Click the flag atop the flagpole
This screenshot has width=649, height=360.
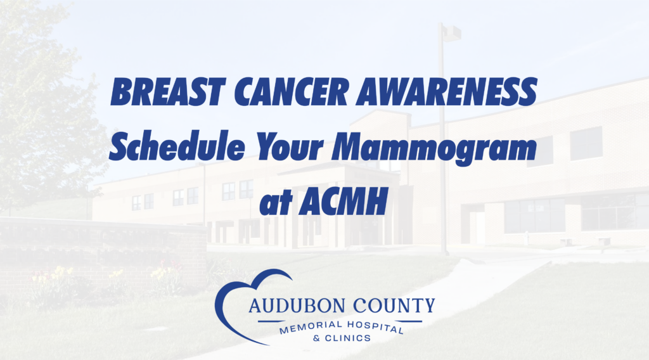click(452, 33)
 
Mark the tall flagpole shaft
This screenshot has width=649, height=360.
click(443, 158)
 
